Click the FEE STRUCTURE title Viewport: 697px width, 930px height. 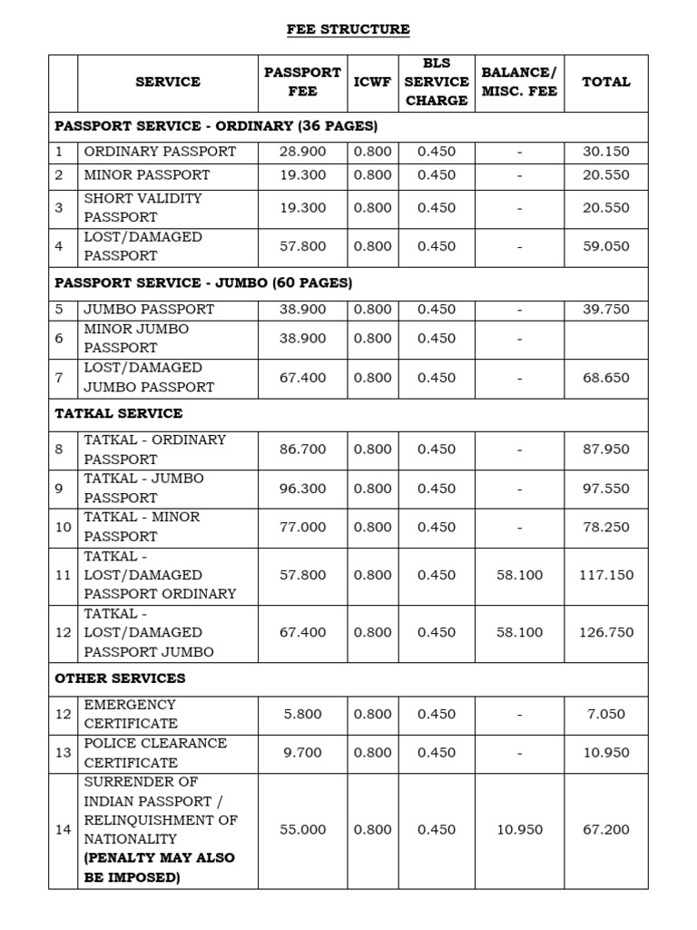click(348, 30)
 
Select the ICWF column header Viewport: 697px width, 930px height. click(372, 82)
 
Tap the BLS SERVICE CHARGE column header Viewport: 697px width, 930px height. click(437, 82)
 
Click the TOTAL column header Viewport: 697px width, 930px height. click(606, 82)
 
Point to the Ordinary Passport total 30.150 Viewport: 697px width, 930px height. click(606, 152)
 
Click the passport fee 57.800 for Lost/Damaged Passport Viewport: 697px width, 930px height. click(303, 246)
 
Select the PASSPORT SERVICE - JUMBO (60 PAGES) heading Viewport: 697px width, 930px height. click(203, 283)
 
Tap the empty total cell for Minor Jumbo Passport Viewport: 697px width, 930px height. click(606, 339)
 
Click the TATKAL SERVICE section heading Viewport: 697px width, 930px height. click(118, 413)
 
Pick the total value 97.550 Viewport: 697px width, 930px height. click(606, 489)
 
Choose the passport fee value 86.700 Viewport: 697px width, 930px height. click(303, 450)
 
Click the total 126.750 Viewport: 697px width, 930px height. click(606, 633)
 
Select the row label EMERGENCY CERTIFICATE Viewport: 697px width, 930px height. click(131, 714)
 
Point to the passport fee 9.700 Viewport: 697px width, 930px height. click(303, 753)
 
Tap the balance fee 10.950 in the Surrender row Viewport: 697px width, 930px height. click(519, 830)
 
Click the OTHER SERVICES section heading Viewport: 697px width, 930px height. click(120, 678)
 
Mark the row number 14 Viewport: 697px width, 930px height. click(63, 830)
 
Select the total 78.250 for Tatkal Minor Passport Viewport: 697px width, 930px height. click(606, 528)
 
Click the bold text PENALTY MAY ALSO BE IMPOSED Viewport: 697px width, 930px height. click(159, 868)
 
